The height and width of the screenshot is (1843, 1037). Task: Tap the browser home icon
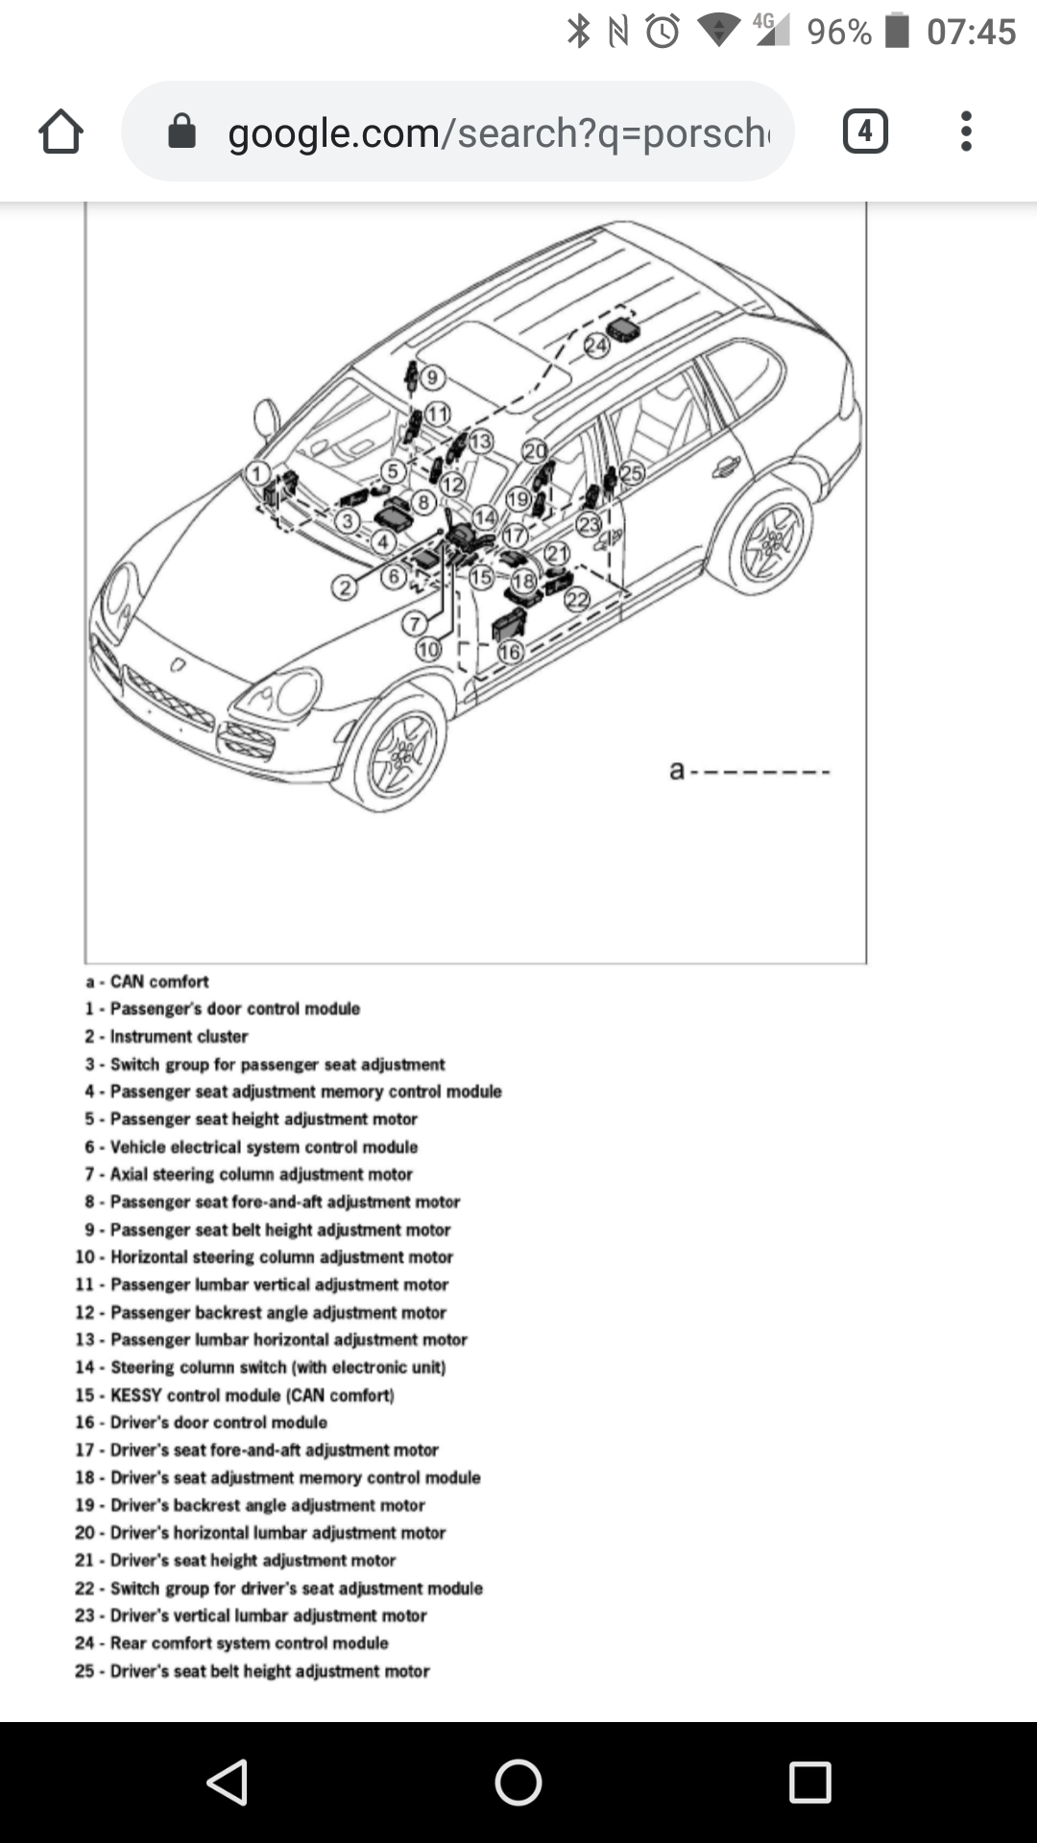click(60, 132)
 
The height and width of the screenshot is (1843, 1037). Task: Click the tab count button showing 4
click(865, 132)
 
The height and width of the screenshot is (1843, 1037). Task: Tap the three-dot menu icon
click(966, 132)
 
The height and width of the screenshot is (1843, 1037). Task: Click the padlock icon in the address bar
click(181, 132)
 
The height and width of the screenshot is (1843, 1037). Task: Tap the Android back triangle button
click(229, 1783)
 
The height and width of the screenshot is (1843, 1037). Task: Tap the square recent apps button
click(809, 1783)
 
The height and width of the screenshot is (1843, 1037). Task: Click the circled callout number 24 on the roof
click(597, 346)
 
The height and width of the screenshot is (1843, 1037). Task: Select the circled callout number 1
click(257, 472)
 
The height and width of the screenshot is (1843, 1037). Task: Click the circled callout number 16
click(510, 653)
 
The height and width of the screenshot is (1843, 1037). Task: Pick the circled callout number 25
click(632, 472)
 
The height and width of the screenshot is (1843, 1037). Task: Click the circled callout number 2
click(345, 587)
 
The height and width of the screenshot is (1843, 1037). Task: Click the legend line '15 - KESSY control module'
click(235, 1395)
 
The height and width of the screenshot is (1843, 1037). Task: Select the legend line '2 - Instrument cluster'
click(166, 1037)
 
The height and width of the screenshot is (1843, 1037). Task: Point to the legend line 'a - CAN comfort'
click(147, 982)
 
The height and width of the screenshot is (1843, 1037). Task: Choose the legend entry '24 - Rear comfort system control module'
click(231, 1643)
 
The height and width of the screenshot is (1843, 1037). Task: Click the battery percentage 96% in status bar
click(839, 33)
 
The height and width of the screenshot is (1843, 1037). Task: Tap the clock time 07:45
click(971, 33)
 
